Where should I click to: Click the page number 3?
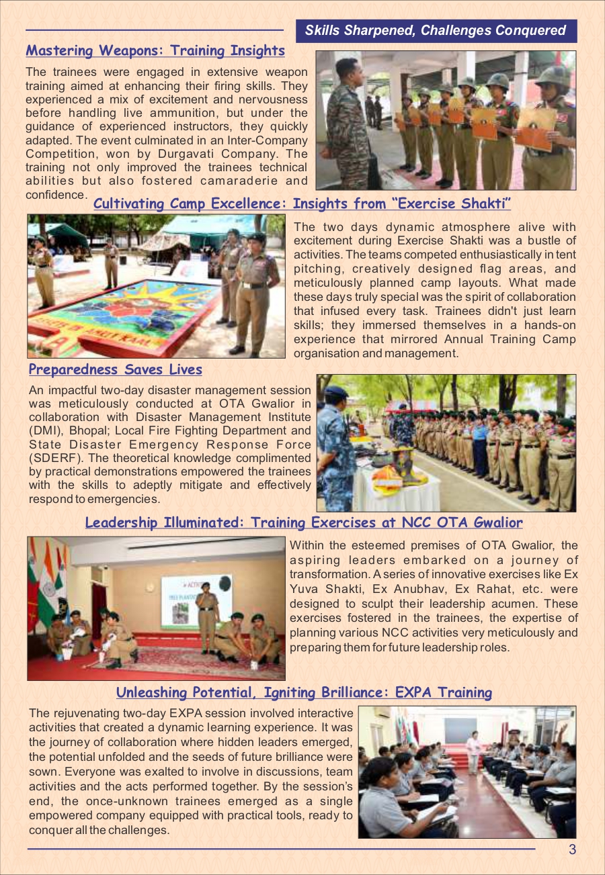click(x=572, y=849)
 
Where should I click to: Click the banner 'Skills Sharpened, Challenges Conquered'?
click(x=436, y=31)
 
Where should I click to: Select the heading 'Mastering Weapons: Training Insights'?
click(x=155, y=51)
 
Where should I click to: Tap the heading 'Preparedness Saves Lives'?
click(x=116, y=369)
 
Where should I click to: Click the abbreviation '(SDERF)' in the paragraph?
click(x=56, y=457)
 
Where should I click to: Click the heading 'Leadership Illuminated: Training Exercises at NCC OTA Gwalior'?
click(x=303, y=522)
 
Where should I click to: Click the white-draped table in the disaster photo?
click(x=397, y=494)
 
